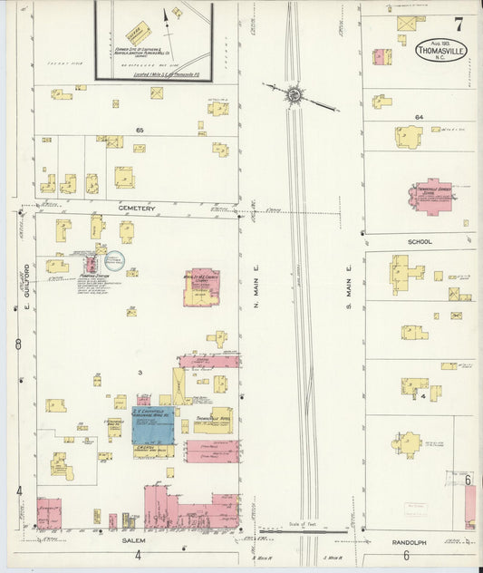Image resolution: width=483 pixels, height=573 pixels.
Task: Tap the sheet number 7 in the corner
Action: coord(458,24)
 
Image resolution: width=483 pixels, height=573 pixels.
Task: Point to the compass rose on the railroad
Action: coord(295,94)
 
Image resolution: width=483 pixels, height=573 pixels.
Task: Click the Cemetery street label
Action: coord(136,209)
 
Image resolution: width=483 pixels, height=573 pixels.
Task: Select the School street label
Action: coord(420,242)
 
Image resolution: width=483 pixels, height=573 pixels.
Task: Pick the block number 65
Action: coord(140,131)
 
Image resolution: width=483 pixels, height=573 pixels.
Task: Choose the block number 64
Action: coord(419,118)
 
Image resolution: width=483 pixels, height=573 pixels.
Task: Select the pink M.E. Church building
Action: coord(201,286)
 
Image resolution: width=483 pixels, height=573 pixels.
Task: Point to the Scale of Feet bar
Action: coord(300,532)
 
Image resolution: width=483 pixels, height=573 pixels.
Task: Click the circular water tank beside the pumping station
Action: coord(132,271)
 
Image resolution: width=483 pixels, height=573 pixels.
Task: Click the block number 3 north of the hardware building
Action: coord(140,373)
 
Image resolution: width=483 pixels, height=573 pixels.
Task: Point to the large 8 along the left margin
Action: coord(18,343)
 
